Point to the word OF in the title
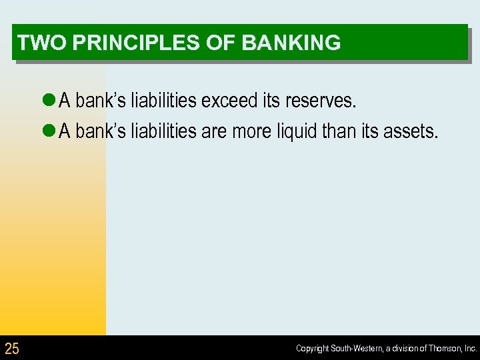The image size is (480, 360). click(224, 43)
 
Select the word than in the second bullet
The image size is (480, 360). click(340, 131)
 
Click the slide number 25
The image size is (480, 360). click(12, 348)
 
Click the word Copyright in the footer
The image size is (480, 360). click(311, 349)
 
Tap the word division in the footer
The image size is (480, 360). click(405, 349)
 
